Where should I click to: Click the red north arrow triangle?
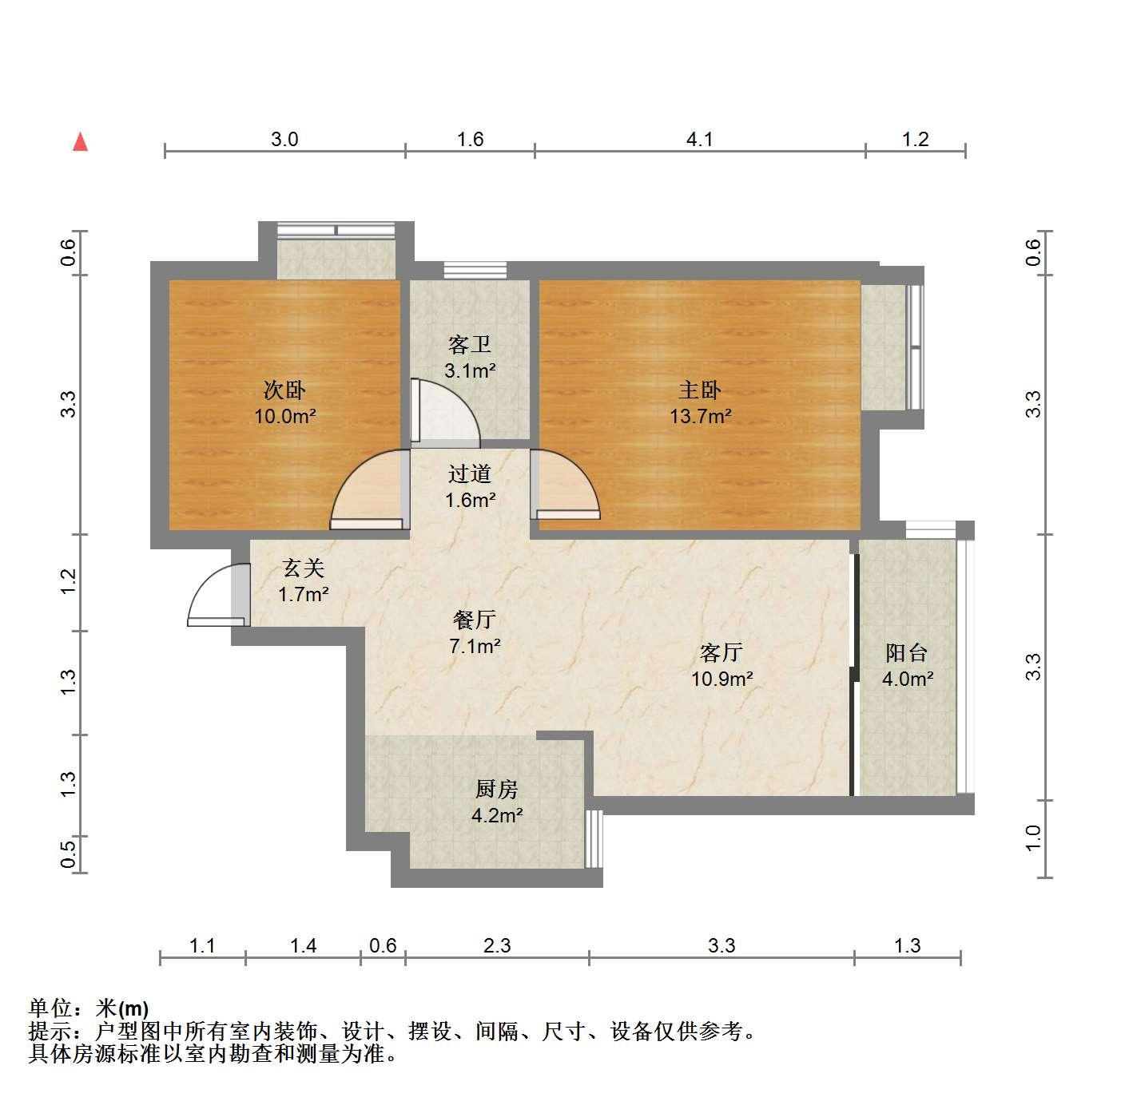pos(80,142)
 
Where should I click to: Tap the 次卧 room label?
pos(284,390)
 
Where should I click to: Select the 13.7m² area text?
pos(700,416)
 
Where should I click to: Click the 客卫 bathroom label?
pos(469,344)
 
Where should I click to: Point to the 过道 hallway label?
pos(469,473)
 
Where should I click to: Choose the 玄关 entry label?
pos(303,568)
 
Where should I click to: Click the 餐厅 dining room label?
pos(474,620)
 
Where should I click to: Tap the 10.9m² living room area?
pos(722,679)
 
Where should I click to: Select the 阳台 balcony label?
pos(906,652)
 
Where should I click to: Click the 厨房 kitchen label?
pos(496,789)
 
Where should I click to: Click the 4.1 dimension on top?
pos(699,140)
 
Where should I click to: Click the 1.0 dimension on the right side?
pos(1033,838)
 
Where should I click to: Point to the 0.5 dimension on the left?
pos(68,854)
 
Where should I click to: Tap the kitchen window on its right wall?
pos(594,838)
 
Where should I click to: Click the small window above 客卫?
pos(475,270)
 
